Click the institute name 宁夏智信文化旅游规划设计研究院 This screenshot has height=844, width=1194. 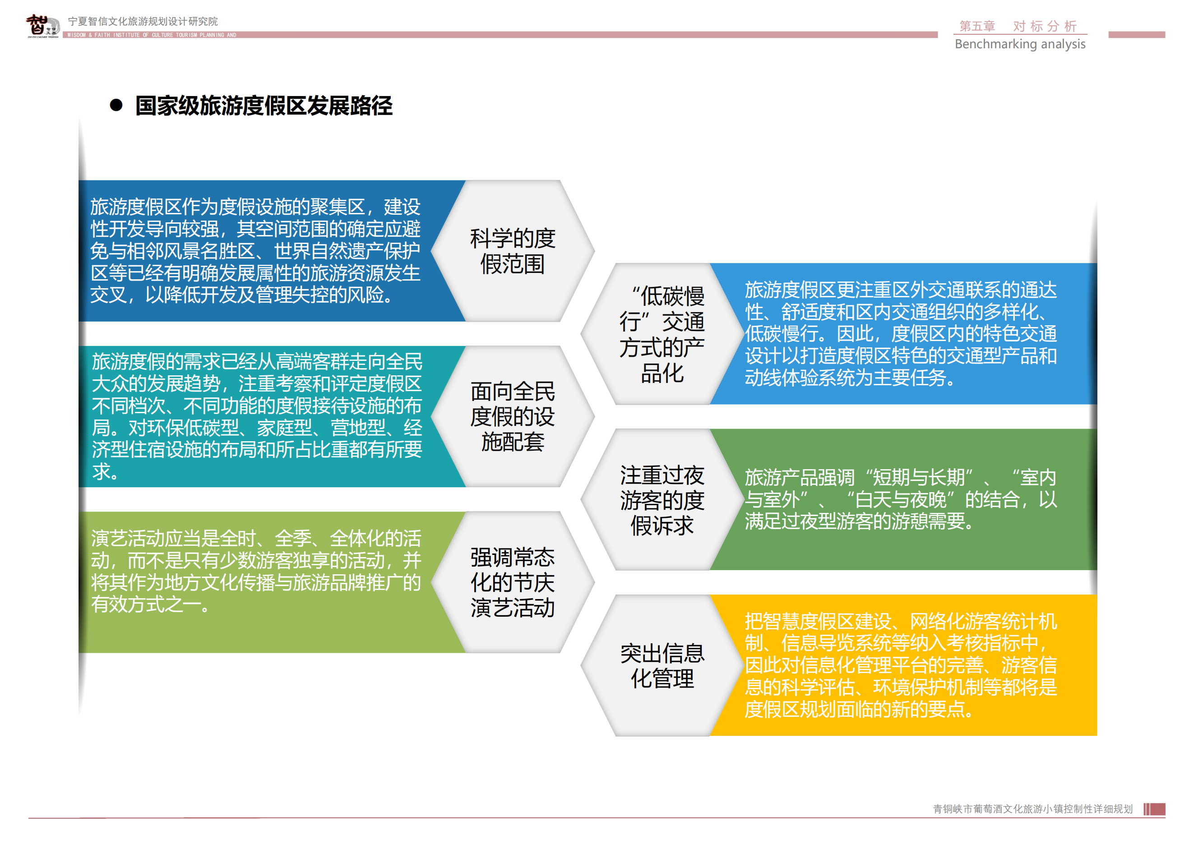coord(143,21)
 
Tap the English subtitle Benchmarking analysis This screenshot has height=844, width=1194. coord(1020,44)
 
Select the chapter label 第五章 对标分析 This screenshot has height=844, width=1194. coord(1018,26)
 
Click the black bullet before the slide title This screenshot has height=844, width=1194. coord(116,106)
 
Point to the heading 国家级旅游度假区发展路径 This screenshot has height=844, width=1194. coord(264,106)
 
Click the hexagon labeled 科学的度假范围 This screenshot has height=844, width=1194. coord(513,251)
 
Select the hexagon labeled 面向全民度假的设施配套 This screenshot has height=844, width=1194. coord(513,416)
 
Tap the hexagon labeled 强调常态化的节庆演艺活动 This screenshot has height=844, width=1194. coord(513,582)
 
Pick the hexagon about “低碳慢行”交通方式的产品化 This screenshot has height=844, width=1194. coord(662,334)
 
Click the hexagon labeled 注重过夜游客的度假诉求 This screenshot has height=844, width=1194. coord(662,499)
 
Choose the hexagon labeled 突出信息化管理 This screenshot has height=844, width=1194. coord(662,665)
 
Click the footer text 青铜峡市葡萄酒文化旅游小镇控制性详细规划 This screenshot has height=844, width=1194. coord(1033,809)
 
